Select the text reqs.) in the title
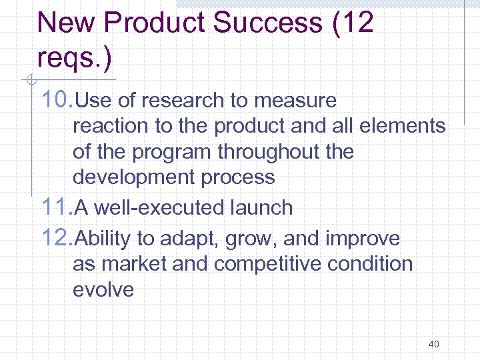pos(75,58)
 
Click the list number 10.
pos(57,101)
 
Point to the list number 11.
pos(57,207)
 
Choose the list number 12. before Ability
pos(57,238)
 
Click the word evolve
pos(103,289)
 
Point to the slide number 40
pos(433,345)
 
